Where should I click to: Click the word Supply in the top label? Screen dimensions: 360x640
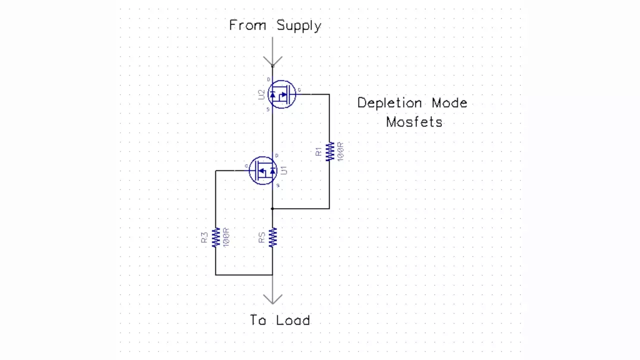tap(298, 25)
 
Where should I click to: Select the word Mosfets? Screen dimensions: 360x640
tap(414, 121)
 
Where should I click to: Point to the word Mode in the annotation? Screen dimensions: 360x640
tap(447, 103)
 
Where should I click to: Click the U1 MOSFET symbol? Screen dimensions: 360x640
tap(263, 171)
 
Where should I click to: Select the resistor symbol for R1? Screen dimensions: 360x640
tap(329, 151)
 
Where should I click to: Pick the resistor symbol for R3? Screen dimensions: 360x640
tap(215, 237)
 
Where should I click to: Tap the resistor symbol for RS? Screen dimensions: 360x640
tap(272, 237)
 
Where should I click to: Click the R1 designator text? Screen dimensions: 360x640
tap(319, 151)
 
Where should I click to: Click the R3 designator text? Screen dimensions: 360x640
tap(204, 237)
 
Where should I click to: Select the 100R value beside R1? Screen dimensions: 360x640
tap(340, 151)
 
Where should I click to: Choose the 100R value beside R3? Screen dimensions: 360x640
tap(226, 237)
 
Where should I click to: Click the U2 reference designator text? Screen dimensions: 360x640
tap(261, 94)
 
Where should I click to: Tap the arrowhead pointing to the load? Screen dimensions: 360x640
tap(272, 299)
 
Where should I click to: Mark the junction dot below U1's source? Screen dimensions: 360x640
tap(272, 208)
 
